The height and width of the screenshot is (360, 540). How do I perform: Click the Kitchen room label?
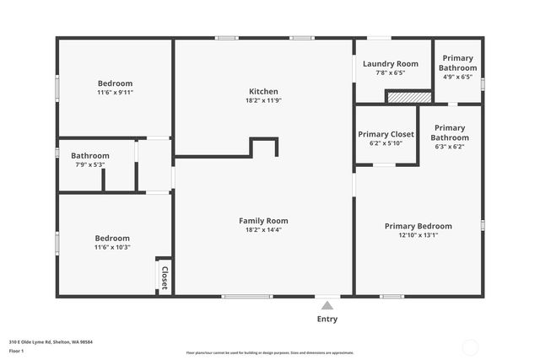coord(263,91)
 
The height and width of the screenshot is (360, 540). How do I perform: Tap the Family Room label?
coord(263,220)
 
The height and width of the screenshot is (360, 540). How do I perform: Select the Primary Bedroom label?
coord(418,226)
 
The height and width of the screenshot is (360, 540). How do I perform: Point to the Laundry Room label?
coord(390,64)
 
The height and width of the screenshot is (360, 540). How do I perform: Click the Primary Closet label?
coord(386,134)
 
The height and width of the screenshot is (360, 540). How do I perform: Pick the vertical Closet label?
coord(165,279)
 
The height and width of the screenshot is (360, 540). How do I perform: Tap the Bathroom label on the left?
coord(89,155)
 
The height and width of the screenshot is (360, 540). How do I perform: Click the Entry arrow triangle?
coord(327,304)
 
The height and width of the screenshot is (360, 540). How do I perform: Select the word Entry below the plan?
coord(327,319)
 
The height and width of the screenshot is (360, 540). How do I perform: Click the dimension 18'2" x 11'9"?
coord(263,101)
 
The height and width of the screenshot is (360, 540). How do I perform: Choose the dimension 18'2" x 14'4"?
coord(263,229)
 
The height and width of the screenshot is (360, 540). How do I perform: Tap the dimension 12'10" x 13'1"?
coord(418,235)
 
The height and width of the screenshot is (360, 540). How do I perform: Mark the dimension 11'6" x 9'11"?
coord(115,93)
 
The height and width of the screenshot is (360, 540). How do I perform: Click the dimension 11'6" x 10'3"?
coord(112,247)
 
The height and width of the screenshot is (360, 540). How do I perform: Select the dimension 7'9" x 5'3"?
coord(89,164)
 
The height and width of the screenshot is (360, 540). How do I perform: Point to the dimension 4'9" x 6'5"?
coord(458,77)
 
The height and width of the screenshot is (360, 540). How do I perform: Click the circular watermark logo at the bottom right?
coord(471,347)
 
